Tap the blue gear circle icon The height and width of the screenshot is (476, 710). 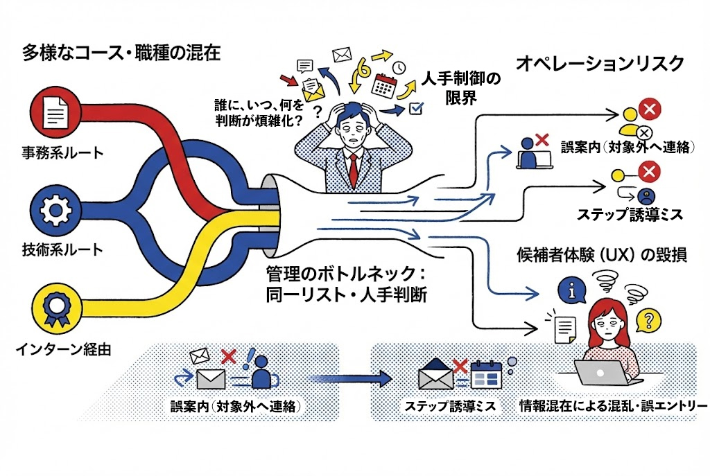coord(53,209)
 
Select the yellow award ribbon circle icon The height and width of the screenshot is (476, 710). coord(53,307)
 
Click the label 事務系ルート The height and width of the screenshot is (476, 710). coord(62,152)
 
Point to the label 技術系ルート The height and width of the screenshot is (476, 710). coord(62,249)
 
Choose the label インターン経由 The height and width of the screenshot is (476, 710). coord(64,349)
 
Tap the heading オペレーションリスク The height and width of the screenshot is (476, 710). coord(600,64)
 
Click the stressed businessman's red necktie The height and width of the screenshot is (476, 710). coord(354,167)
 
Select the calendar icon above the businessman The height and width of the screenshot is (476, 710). coord(383,85)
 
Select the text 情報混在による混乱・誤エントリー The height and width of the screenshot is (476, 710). coord(612,405)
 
